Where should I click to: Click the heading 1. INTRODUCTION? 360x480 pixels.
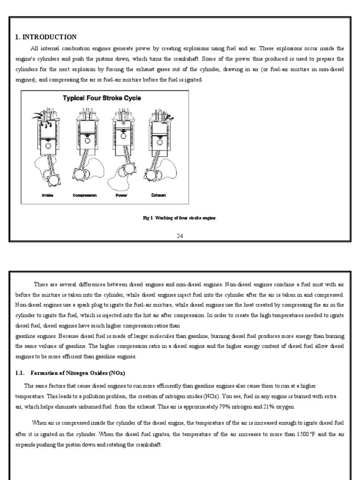coord(46,37)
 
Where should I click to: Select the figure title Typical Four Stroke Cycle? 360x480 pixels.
coord(102,98)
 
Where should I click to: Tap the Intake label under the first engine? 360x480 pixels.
coord(47,195)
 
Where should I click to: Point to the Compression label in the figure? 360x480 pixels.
coord(85,195)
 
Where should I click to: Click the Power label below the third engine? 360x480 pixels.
coord(121,195)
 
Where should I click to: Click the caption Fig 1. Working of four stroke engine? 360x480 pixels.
coord(180,218)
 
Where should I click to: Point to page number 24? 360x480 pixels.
coord(180,235)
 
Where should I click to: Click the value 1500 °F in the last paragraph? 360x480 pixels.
coord(305,435)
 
